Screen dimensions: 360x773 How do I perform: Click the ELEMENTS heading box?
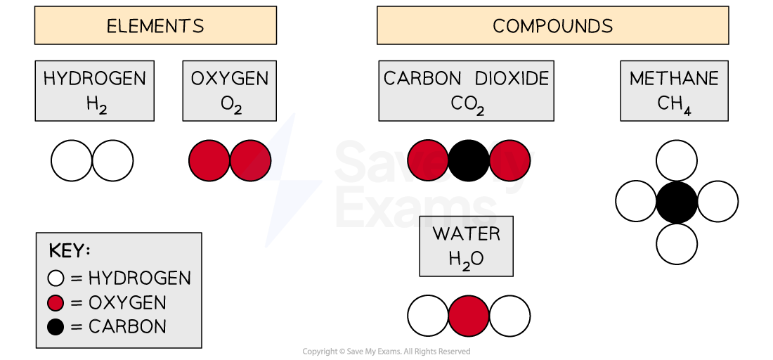(155, 26)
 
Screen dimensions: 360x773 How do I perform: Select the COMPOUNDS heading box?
(552, 26)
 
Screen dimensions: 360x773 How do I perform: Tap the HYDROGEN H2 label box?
(94, 90)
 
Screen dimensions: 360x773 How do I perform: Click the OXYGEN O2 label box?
(230, 90)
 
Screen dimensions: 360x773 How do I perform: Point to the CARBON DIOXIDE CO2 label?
(467, 90)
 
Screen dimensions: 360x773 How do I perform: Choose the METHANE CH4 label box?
(674, 90)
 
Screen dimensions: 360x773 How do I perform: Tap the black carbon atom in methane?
(677, 202)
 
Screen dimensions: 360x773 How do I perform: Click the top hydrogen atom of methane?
(677, 160)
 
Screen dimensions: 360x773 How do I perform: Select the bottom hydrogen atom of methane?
(677, 243)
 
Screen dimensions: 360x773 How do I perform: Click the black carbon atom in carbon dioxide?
(469, 160)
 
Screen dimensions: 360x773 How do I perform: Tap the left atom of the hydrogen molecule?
(72, 161)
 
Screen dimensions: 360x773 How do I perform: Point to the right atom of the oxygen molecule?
(251, 161)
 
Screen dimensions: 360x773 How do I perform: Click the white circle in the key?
(56, 278)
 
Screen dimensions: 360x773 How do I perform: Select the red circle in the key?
(56, 303)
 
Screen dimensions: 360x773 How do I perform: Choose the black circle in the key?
(56, 327)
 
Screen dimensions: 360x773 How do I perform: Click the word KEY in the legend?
(70, 252)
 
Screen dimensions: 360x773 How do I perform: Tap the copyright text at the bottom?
(386, 352)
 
